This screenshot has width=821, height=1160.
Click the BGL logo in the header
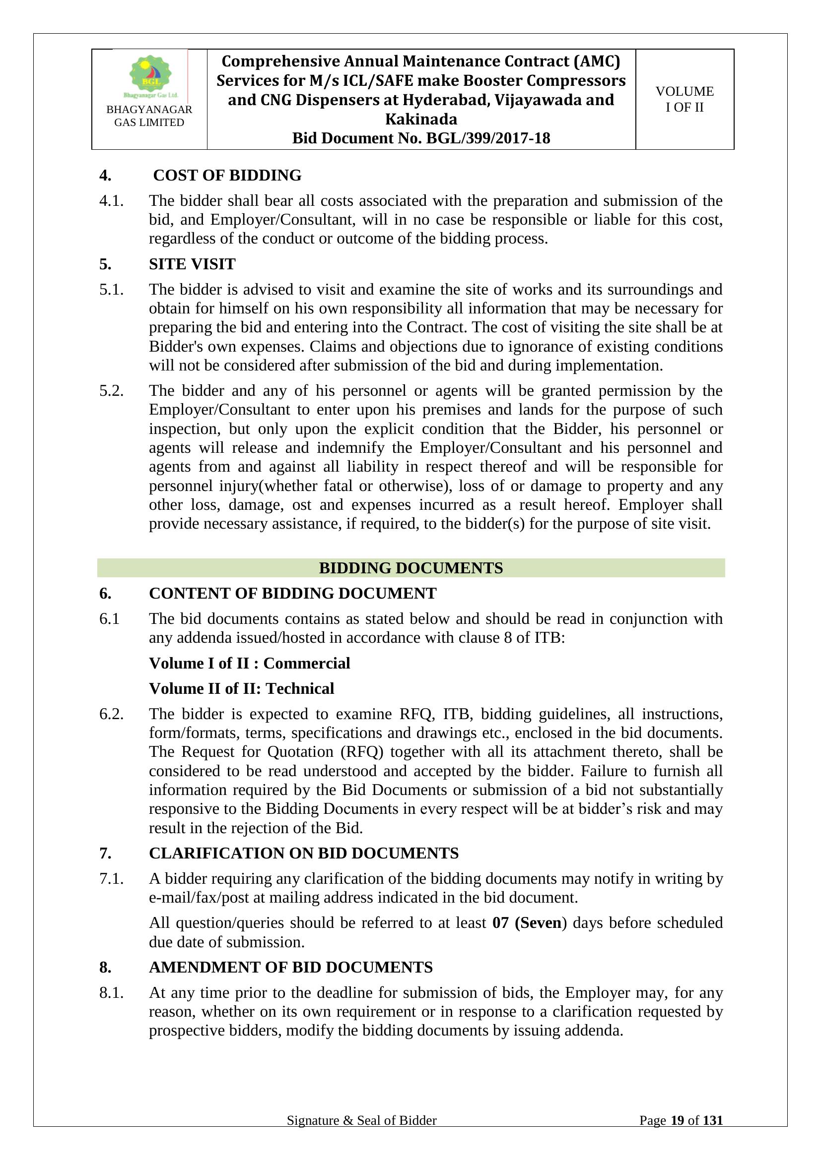click(x=150, y=76)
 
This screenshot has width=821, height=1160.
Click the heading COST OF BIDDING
click(x=227, y=175)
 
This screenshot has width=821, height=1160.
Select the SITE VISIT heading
click(x=192, y=264)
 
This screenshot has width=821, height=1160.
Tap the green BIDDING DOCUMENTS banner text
click(x=410, y=568)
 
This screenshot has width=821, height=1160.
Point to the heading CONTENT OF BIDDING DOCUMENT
click(x=292, y=593)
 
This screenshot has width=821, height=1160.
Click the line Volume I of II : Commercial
click(x=249, y=663)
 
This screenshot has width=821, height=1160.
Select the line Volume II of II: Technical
click(x=241, y=688)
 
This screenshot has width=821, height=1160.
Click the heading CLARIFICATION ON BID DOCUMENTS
click(x=303, y=853)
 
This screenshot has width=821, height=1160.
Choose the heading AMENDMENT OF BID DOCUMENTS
click(x=291, y=967)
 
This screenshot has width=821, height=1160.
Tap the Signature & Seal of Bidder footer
click(x=361, y=1134)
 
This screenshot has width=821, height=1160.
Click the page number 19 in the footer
click(x=678, y=1134)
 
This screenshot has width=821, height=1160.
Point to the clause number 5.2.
click(x=111, y=390)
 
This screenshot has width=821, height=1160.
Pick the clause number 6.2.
click(x=111, y=714)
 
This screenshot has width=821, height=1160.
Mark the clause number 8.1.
click(x=111, y=993)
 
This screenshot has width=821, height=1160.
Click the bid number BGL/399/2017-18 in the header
click(x=488, y=138)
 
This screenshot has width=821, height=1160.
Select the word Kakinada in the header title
click(x=421, y=119)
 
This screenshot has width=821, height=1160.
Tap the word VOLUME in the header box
click(x=684, y=91)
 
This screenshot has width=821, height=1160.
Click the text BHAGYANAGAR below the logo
click(x=149, y=110)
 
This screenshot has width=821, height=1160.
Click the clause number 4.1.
click(x=111, y=200)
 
